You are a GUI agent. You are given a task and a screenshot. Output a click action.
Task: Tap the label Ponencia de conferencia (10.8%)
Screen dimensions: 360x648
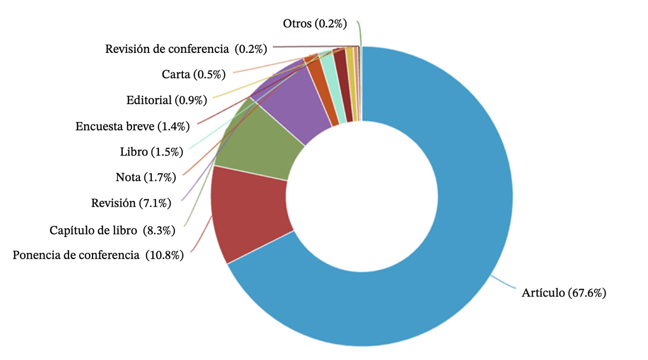(x=98, y=256)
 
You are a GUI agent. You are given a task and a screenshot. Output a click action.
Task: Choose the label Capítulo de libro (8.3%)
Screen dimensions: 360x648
(x=112, y=230)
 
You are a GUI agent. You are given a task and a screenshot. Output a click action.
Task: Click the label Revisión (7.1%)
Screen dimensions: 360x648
(x=130, y=203)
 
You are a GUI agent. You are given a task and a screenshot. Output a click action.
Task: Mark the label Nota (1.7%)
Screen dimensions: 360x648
(x=146, y=178)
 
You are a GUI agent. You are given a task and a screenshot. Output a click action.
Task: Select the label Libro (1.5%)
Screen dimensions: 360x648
(x=151, y=152)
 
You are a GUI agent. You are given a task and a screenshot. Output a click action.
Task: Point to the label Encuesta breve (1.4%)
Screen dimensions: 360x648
(x=132, y=127)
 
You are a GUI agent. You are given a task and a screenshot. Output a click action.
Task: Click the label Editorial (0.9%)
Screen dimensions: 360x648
(x=166, y=100)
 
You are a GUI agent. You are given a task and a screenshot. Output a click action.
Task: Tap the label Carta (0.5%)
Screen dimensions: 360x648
(x=193, y=74)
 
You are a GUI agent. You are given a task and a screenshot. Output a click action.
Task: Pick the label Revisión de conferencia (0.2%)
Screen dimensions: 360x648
(x=186, y=49)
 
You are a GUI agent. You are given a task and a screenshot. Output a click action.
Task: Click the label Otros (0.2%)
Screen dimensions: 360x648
(x=315, y=24)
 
